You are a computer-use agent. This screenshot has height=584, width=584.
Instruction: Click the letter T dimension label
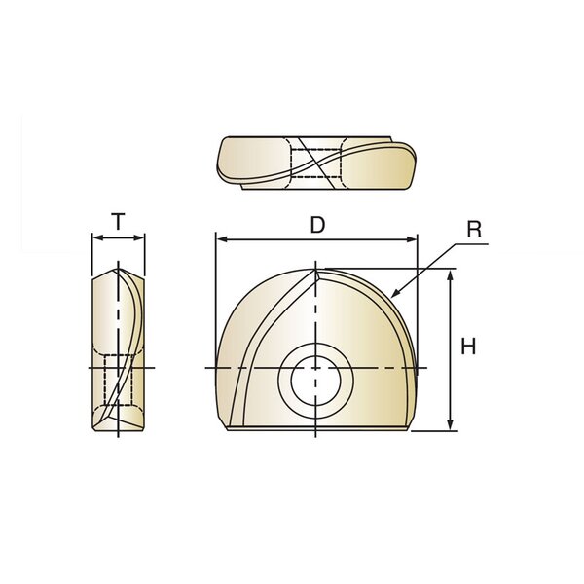coord(118,221)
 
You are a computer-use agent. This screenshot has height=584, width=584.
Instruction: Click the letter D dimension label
coord(317,225)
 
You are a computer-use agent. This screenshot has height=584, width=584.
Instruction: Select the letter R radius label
coord(474,230)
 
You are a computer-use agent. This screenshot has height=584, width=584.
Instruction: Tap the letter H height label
coord(468,347)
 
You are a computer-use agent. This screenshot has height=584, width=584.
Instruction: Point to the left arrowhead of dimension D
coord(222,239)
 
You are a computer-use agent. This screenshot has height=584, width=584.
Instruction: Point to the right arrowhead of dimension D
coord(411,239)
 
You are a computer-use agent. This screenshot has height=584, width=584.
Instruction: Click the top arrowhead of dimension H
coord(451,276)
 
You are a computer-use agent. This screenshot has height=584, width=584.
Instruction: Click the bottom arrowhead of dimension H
coord(451,423)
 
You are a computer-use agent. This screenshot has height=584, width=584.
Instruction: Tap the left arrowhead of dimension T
coord(97,237)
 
